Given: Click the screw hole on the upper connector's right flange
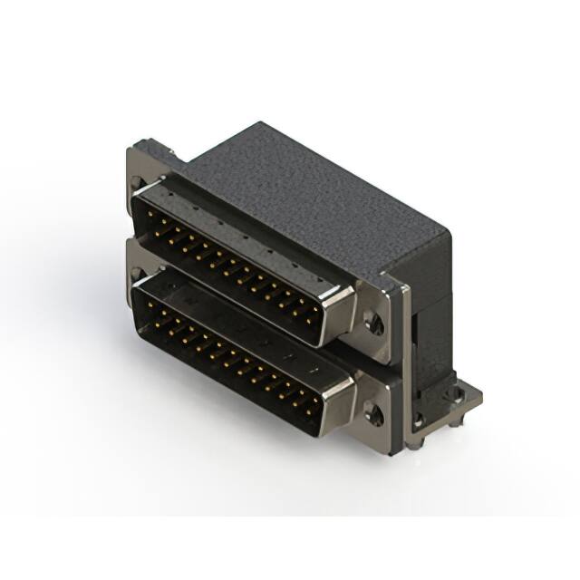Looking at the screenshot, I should (371, 320).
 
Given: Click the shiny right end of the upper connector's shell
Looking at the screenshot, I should (337, 313).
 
